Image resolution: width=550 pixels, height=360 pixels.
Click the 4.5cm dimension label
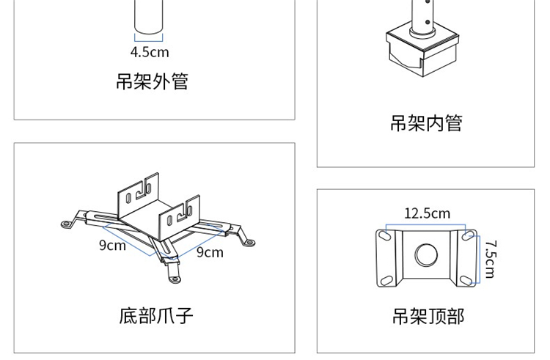pyautogui.click(x=150, y=52)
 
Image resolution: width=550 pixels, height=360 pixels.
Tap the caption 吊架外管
pyautogui.click(x=152, y=81)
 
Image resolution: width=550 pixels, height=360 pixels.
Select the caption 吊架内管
pyautogui.click(x=426, y=123)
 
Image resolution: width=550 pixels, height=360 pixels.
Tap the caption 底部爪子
pyautogui.click(x=156, y=316)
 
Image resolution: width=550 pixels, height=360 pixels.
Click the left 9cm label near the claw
pyautogui.click(x=112, y=245)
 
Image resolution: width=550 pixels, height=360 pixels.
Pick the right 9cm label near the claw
pyautogui.click(x=209, y=252)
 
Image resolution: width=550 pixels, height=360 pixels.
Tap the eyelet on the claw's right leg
pyautogui.click(x=249, y=241)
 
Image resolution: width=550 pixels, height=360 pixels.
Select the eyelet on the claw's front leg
pyautogui.click(x=174, y=278)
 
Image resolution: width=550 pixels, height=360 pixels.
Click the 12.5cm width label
pyautogui.click(x=427, y=213)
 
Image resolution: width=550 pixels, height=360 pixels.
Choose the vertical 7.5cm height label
pyautogui.click(x=490, y=259)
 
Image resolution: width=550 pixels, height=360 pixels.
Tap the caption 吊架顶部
pyautogui.click(x=428, y=316)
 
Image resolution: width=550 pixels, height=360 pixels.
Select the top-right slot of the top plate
pyautogui.click(x=469, y=236)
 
